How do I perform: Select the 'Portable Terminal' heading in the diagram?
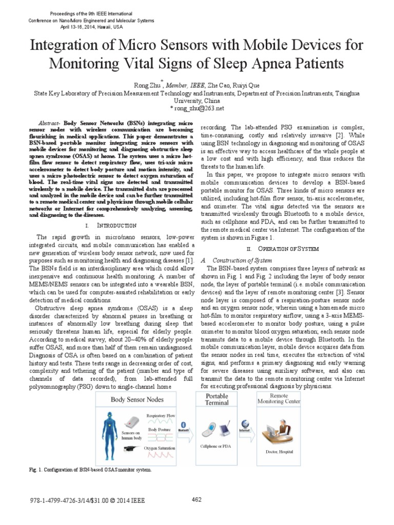[x=217, y=399]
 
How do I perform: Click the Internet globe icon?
[x=247, y=423]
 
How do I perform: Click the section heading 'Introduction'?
[x=116, y=226]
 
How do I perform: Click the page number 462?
[x=196, y=500]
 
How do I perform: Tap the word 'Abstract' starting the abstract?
[x=50, y=125]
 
